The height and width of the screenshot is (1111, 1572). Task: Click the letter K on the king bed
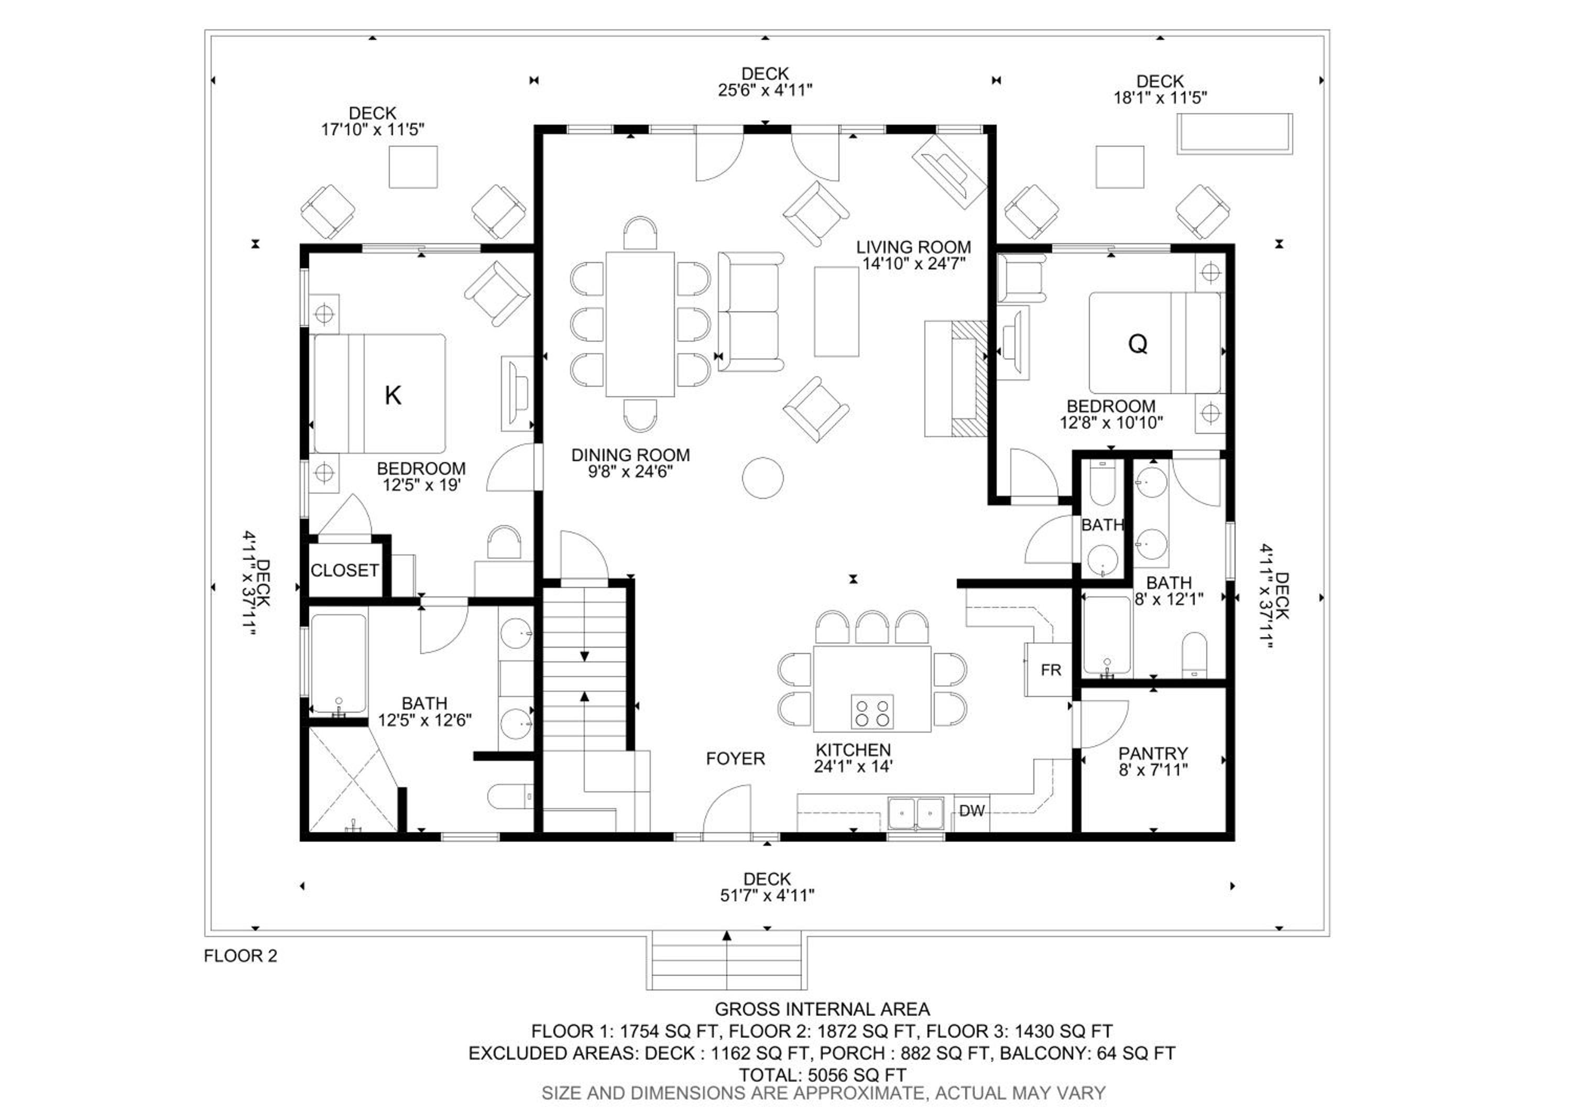tap(393, 396)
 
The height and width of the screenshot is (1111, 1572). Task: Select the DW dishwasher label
tap(971, 811)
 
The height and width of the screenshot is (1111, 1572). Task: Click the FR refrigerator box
tap(1048, 669)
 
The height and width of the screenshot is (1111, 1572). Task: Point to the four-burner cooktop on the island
tap(872, 712)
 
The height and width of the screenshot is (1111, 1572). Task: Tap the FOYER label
tap(735, 758)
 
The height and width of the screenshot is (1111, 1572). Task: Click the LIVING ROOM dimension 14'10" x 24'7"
tap(913, 264)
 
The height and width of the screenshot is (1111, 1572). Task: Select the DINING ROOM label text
tap(630, 455)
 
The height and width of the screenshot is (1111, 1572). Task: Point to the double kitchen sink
tap(915, 813)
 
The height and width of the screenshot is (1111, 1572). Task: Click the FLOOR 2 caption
tap(241, 956)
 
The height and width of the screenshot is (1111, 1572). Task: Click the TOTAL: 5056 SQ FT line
tap(822, 1075)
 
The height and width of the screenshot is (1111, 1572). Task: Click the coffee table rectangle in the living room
tap(836, 311)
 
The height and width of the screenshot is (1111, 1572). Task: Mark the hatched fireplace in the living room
tap(969, 378)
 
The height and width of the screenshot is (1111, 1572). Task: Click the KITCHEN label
tap(853, 750)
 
